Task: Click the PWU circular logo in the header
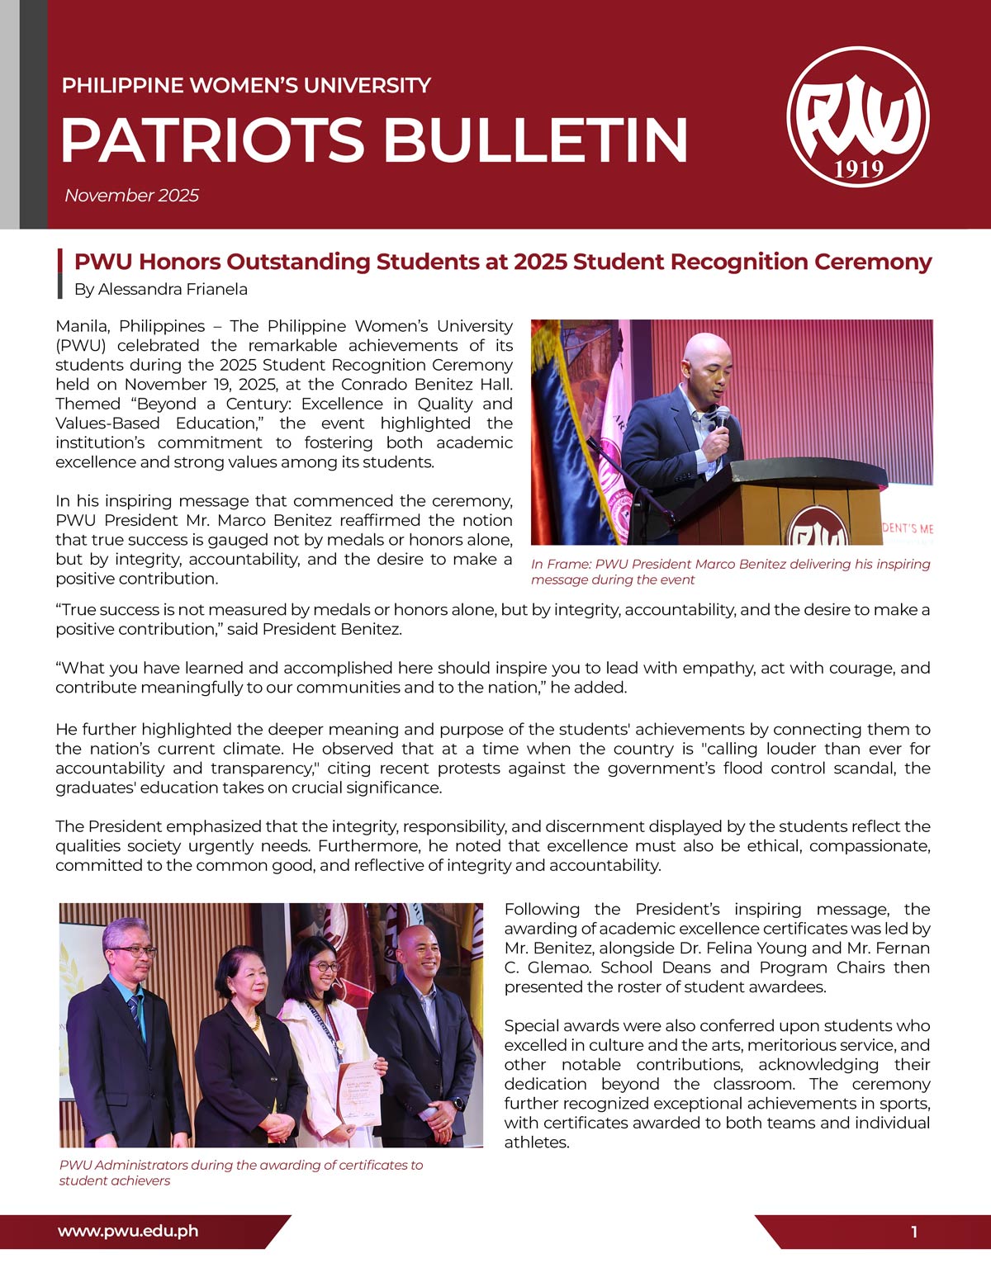(858, 116)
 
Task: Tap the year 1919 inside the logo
(859, 169)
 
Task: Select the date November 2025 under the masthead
(131, 196)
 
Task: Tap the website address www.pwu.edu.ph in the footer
(128, 1231)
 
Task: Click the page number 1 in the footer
(914, 1232)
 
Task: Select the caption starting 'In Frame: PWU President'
(730, 571)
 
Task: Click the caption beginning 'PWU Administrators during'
(240, 1172)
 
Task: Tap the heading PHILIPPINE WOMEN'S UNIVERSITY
(246, 85)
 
